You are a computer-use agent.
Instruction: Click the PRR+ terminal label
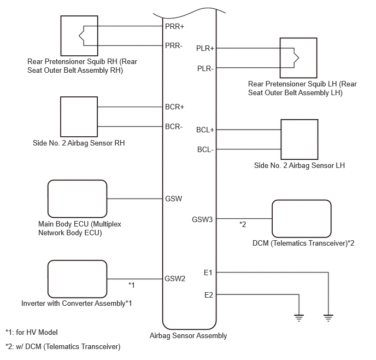[174, 26]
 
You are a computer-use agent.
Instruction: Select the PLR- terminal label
[205, 68]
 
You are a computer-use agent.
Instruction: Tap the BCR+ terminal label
[174, 107]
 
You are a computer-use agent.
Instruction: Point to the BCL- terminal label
[205, 149]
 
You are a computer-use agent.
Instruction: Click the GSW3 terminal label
[202, 219]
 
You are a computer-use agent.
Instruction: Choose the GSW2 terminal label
[175, 278]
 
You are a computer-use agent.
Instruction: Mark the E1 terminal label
[208, 272]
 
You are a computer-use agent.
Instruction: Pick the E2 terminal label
[208, 295]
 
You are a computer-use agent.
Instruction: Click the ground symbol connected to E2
[299, 318]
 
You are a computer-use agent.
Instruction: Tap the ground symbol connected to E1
[328, 318]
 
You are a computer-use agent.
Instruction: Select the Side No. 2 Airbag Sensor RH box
[79, 117]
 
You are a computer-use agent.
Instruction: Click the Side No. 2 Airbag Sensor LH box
[299, 140]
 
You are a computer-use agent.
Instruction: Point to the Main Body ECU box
[77, 199]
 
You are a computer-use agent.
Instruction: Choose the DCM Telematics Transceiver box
[302, 219]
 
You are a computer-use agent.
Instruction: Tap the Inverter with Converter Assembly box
[77, 279]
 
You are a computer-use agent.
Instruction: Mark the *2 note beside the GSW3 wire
[243, 225]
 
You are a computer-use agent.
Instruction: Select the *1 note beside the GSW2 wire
[132, 285]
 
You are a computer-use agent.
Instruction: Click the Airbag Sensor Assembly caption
[188, 335]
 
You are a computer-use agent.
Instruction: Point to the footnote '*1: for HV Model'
[31, 333]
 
